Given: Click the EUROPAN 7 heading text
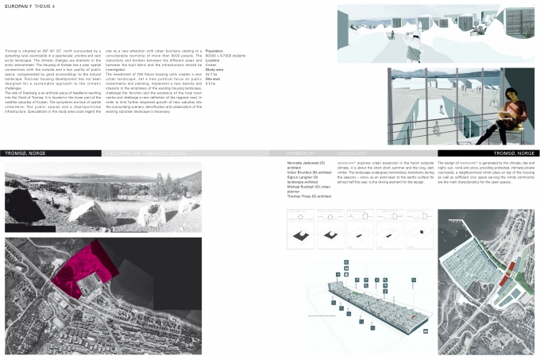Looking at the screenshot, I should point(20,8).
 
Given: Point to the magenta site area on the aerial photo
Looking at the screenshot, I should point(84,261).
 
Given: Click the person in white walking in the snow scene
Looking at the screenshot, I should point(413,35).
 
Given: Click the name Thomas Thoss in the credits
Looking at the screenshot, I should point(303,195).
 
